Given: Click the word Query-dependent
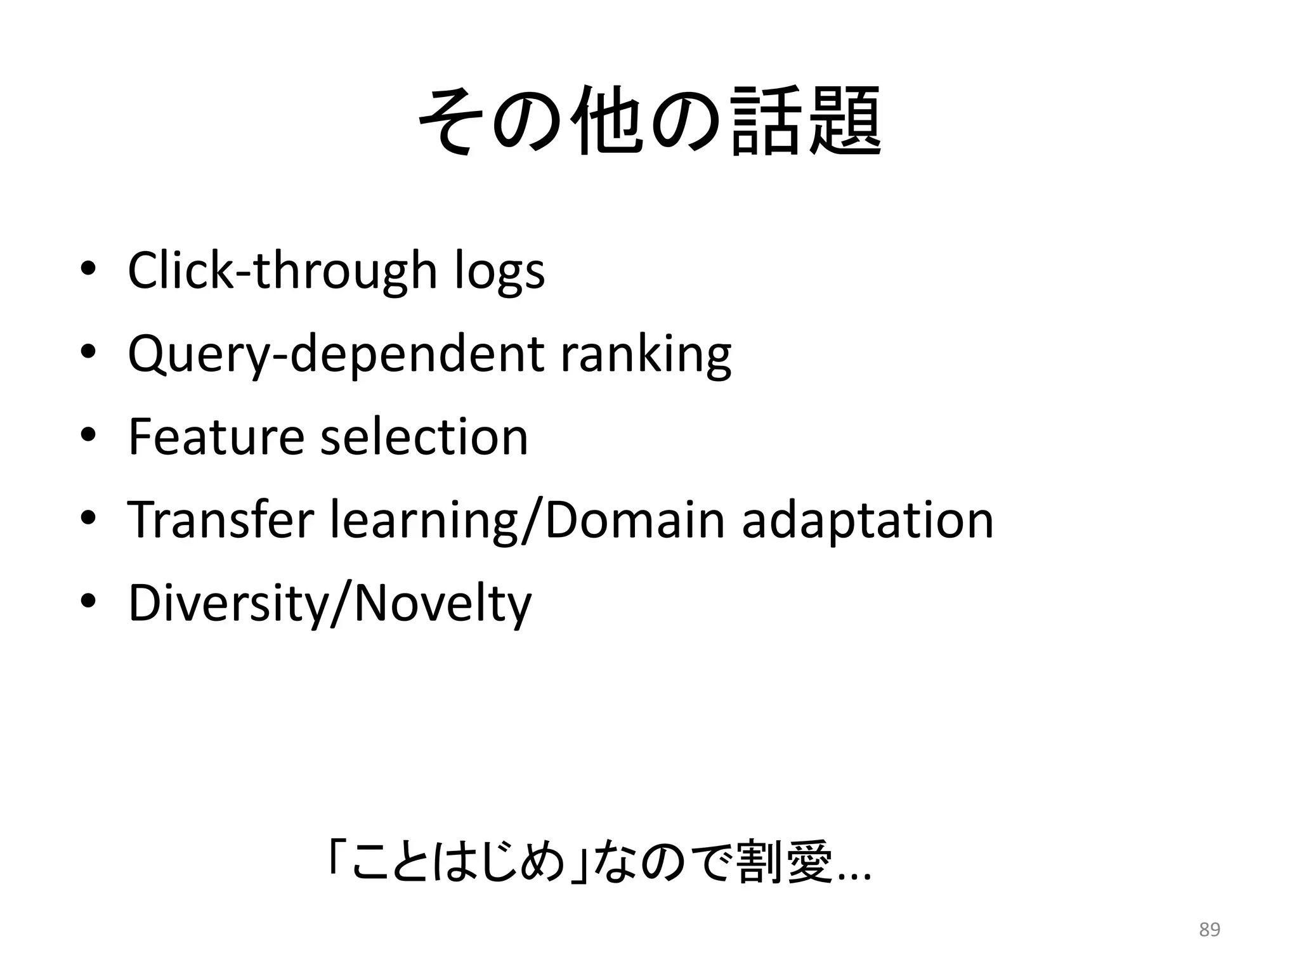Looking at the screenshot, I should [x=335, y=354].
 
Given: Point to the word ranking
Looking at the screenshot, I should [x=645, y=354].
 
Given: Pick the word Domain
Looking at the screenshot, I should [x=634, y=519].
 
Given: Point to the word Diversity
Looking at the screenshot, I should [x=228, y=603].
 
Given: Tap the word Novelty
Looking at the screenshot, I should [x=442, y=603].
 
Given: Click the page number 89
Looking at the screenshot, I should [x=1210, y=930].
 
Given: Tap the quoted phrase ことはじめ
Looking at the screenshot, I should [x=457, y=862].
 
